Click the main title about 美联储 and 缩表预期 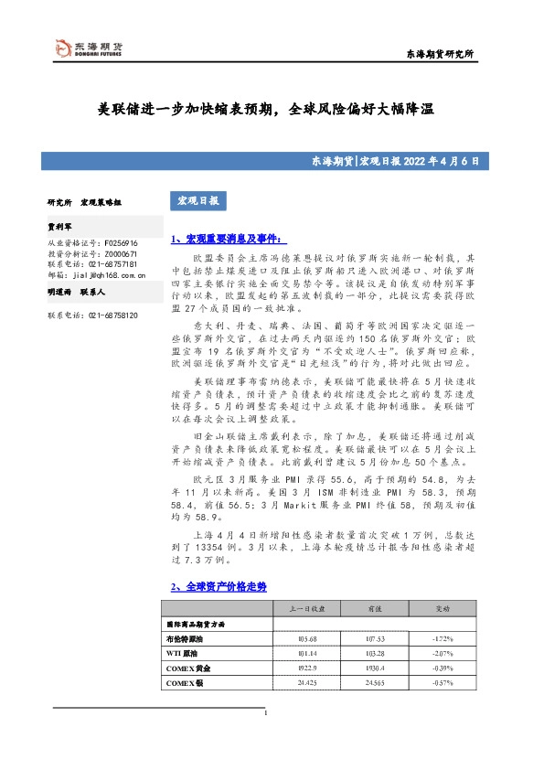click(x=265, y=108)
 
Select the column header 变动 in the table click(x=443, y=607)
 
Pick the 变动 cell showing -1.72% click(x=442, y=638)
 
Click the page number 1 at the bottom click(x=264, y=713)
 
